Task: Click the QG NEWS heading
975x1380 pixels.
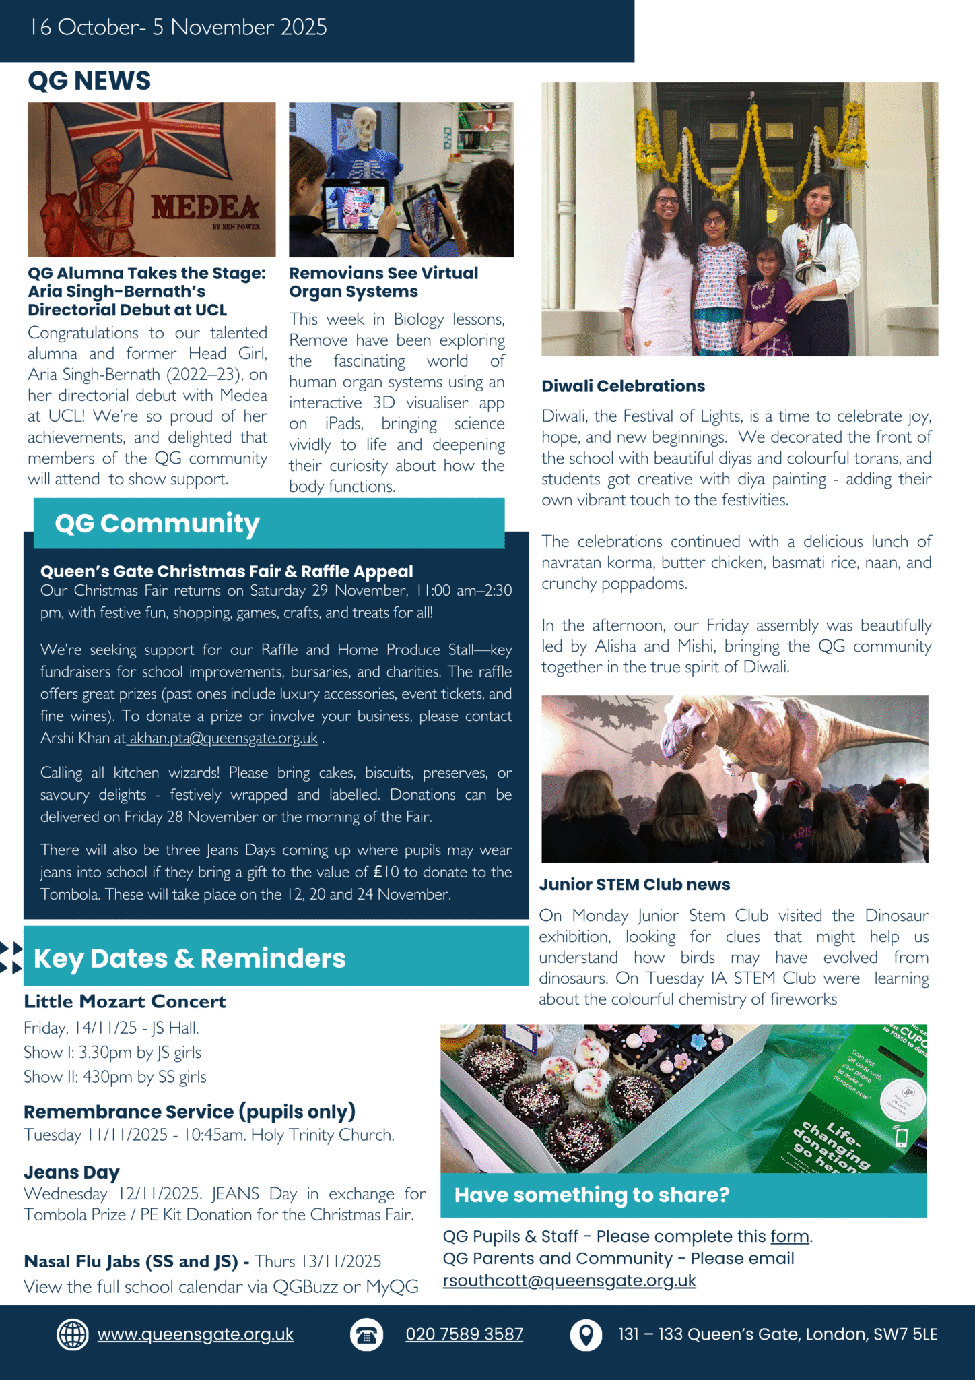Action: (89, 81)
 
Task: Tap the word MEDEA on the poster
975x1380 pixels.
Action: (205, 208)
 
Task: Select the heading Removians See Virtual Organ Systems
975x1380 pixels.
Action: (383, 282)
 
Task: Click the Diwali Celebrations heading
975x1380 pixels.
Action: (623, 386)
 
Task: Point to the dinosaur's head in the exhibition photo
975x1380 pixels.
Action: (687, 732)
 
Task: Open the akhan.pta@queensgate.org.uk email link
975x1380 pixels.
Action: (224, 738)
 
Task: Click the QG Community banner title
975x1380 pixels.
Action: (157, 524)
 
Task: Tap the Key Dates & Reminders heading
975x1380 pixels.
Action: (189, 958)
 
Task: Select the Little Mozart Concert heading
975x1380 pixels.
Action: (125, 1001)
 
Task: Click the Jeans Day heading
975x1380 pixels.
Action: (71, 1172)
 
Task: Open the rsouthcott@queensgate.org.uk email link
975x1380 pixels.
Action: (569, 1280)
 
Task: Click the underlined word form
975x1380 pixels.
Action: (790, 1236)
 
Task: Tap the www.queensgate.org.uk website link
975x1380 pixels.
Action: (195, 1334)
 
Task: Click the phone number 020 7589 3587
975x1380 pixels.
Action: (464, 1334)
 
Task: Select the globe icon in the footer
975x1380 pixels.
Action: (72, 1334)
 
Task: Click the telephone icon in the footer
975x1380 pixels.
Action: (366, 1335)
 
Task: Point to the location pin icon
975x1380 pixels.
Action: (586, 1334)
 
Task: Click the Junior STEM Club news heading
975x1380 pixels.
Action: (634, 884)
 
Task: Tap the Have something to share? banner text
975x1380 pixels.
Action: (592, 1195)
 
